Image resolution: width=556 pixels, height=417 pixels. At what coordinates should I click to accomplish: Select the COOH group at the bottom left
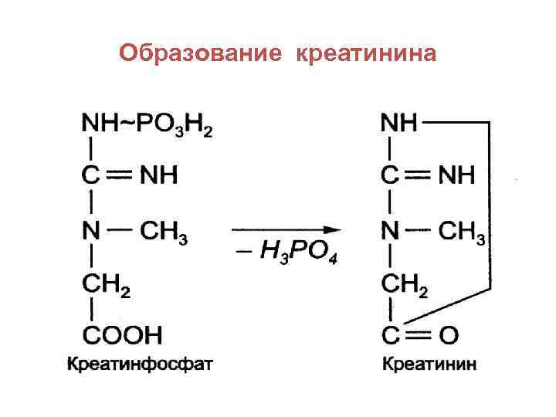[121, 336]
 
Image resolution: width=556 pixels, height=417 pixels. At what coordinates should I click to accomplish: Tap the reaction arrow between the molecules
[285, 229]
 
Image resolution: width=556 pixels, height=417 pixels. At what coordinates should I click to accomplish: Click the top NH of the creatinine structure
[400, 123]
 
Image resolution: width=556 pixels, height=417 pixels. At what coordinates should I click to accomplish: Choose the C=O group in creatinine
[419, 336]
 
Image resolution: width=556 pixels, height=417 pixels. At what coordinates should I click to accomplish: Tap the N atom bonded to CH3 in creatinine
[391, 230]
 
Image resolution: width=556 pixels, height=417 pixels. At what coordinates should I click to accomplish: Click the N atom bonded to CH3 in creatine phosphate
[91, 230]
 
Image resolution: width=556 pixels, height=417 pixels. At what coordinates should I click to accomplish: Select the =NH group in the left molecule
[158, 176]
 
